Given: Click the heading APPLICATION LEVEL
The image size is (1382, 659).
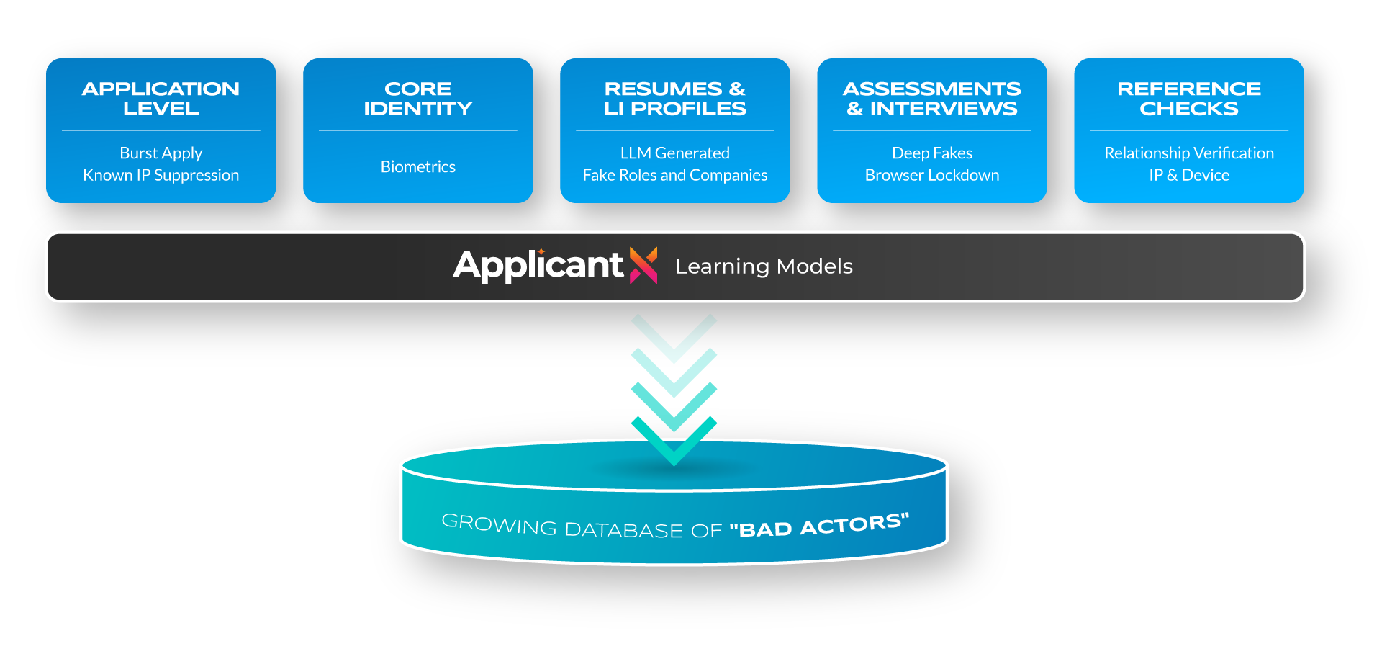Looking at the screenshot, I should [161, 99].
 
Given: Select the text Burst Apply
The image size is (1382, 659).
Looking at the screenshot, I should [161, 153].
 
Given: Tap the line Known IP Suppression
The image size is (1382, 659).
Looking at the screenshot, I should [161, 175].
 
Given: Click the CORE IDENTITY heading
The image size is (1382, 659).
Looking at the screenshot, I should [417, 99].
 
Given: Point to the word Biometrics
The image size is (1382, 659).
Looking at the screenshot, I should [417, 166].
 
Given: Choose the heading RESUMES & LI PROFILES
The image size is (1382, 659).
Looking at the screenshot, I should [674, 99].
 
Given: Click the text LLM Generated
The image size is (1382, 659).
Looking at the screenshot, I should [674, 153].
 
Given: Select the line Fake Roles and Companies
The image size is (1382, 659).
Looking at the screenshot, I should [674, 175].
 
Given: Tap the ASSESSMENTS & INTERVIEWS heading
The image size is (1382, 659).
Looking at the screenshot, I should [931, 99].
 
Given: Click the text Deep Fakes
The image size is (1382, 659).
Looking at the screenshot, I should [931, 153].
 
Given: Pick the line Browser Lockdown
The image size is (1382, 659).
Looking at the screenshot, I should [931, 175].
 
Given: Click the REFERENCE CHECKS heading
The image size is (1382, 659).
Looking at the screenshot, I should [1188, 99].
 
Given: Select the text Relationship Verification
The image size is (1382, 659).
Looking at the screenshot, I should [1188, 153].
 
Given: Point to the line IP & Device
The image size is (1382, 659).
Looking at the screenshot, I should [1188, 175].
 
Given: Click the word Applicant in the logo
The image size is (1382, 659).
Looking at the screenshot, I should [538, 266].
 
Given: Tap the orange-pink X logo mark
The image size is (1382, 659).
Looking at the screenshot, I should [643, 265].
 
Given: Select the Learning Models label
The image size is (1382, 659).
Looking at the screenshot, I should [764, 266].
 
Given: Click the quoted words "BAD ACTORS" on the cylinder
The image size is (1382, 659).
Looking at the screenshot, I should [819, 526].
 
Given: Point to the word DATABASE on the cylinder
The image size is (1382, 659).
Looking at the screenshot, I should [623, 530].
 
